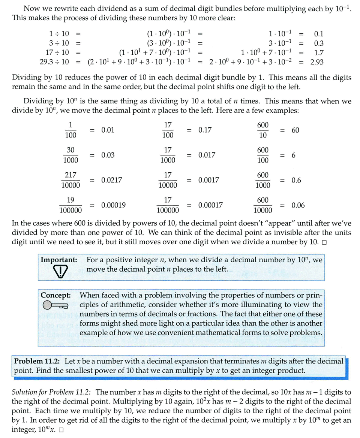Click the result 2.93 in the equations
coord(317,62)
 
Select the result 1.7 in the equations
coord(319,53)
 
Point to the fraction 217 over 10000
coord(70,180)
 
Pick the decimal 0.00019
coord(113,205)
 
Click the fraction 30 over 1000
coord(70,155)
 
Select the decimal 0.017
coord(207,155)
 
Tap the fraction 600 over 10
coord(263,130)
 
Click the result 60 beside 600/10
coord(295,130)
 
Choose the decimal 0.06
coord(298,205)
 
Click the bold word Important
coord(59,260)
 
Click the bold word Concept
coord(56,295)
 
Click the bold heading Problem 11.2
coord(37,361)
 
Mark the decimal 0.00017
coord(210,205)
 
